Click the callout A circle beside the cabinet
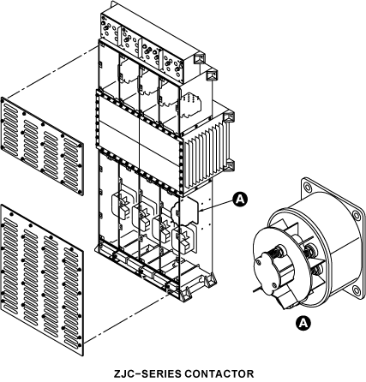[240, 199]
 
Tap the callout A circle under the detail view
[303, 323]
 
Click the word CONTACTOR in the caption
[219, 373]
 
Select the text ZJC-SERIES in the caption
[147, 373]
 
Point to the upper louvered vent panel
[42, 146]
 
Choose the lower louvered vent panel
[42, 280]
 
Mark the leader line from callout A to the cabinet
[217, 206]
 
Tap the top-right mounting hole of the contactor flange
[357, 215]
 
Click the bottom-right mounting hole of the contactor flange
[356, 290]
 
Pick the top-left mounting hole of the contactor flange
[307, 188]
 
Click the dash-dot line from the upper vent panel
[51, 72]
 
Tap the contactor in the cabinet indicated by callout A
[185, 211]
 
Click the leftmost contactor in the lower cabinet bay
[121, 206]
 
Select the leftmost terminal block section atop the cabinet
[110, 28]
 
